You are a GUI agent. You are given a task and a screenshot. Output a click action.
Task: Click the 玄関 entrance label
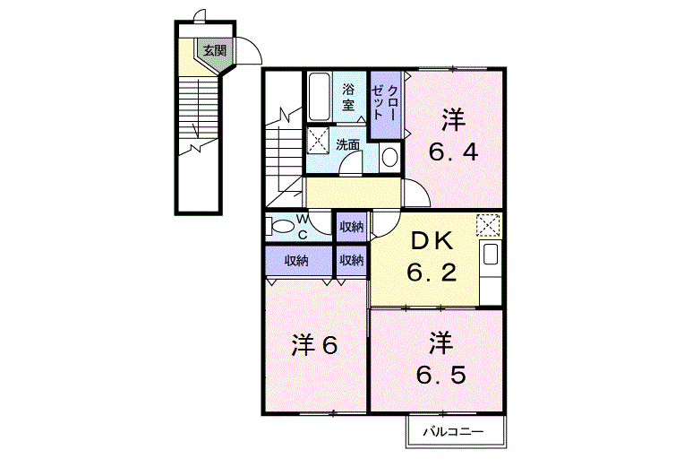pos(215,51)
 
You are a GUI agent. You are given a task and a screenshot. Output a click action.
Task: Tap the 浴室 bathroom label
pos(348,98)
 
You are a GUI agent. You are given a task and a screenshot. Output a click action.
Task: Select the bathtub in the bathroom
pos(319,97)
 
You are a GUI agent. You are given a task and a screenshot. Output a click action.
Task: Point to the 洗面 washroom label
pos(347,144)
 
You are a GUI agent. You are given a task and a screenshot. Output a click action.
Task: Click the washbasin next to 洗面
pos(389,157)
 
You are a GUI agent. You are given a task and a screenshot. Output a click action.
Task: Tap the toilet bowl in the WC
pos(280,227)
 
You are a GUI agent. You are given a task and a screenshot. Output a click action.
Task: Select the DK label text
pos(432,242)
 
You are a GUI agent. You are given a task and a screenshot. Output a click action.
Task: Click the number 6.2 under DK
pos(432,273)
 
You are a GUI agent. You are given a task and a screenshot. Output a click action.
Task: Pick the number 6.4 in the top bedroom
pos(454,152)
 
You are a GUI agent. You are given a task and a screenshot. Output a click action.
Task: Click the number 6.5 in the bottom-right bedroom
pos(441,375)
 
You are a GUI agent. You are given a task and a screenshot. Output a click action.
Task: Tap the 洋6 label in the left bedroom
pos(314,345)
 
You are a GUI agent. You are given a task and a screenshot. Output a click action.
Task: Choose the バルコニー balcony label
pos(453,432)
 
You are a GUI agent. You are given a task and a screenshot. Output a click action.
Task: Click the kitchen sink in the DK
pos(491,255)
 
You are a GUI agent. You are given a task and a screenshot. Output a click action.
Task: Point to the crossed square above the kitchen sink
pos(488,226)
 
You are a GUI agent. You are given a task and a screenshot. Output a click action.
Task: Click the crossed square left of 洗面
pos(319,140)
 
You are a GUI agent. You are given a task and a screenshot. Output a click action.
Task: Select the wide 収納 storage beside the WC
pos(297,261)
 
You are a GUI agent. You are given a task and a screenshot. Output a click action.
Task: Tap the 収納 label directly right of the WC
pos(352,227)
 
